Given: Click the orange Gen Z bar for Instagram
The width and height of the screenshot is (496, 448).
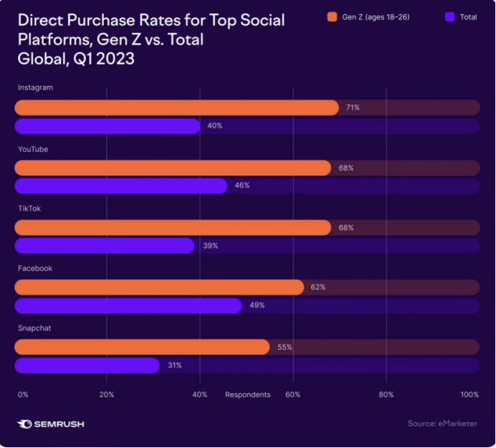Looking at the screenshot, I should [x=176, y=108].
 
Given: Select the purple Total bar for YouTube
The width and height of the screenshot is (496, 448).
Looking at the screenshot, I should [x=120, y=186].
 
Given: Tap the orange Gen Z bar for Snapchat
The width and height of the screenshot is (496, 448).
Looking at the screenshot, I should [x=141, y=347].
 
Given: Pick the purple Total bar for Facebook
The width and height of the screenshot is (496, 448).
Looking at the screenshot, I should [x=128, y=305].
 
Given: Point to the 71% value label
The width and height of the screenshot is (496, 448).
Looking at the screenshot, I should [x=352, y=108].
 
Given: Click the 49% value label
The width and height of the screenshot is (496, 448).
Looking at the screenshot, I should [x=257, y=305].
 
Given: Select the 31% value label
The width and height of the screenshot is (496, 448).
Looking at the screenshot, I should [x=174, y=366].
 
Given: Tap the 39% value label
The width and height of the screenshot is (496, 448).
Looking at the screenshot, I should [x=210, y=246].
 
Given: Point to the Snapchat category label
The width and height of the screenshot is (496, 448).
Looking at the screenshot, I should [x=33, y=328].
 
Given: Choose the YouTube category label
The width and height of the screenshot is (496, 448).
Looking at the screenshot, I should [x=32, y=148].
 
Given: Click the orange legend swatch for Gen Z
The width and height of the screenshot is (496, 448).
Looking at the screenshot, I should [x=332, y=16].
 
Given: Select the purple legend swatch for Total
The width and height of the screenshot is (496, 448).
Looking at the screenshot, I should [x=449, y=16].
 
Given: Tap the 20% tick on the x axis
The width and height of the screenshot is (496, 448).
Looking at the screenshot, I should [x=106, y=395].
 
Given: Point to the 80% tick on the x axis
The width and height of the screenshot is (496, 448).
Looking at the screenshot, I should [x=386, y=395].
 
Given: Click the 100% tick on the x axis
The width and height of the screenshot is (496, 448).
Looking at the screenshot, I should [x=469, y=395].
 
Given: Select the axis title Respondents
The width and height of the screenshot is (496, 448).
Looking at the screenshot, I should [x=247, y=395].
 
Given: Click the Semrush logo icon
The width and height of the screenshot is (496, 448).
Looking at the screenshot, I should [x=25, y=424].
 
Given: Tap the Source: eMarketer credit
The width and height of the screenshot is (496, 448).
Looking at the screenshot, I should [x=442, y=424].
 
